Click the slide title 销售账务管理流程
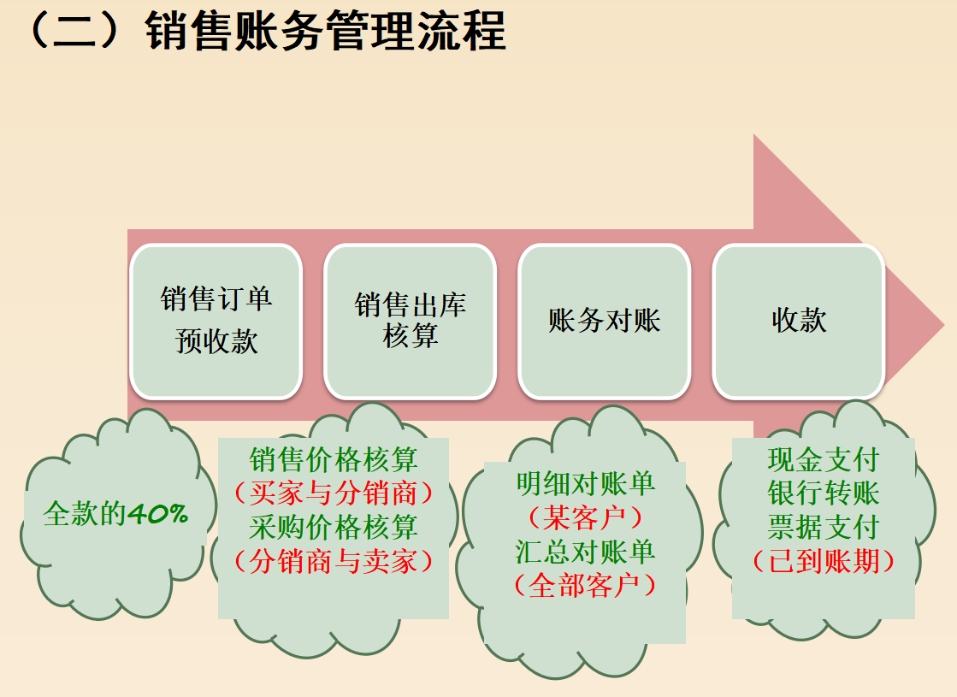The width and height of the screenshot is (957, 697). point(325,32)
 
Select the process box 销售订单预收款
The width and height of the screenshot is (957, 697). point(216,321)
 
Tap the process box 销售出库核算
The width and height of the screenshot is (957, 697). point(411,321)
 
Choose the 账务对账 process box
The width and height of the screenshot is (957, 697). point(604,321)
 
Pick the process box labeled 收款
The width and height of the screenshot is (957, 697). point(799,321)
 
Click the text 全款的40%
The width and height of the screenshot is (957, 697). point(115,514)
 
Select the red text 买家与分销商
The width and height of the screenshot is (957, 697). point(334,493)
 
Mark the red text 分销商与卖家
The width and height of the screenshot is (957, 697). point(334,561)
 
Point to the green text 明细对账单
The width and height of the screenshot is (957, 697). point(586,483)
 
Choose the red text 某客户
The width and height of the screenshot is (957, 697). point(586,517)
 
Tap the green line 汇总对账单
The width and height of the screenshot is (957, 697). point(586,552)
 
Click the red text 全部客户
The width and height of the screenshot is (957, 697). point(586,586)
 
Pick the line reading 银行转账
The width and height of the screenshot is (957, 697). point(824,493)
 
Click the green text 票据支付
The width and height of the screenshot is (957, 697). point(824,527)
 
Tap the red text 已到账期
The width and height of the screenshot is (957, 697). point(824,561)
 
